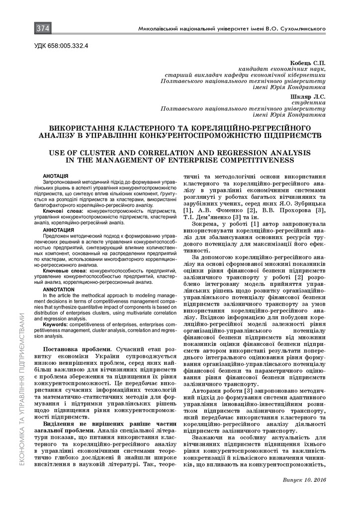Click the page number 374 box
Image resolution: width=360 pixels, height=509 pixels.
43,29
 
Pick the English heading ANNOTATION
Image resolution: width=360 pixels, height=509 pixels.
59,289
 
